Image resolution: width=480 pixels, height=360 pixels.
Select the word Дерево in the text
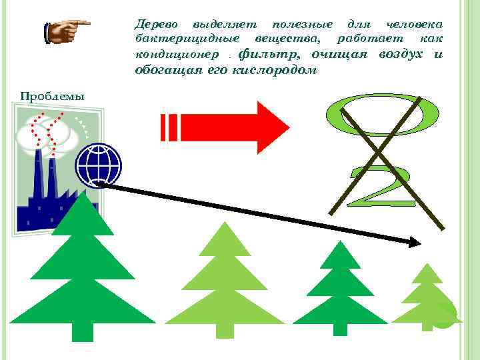coord(154,24)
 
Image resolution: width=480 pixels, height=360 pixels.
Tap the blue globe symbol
coord(98,165)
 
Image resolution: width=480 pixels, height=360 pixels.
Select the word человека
coord(415,24)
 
